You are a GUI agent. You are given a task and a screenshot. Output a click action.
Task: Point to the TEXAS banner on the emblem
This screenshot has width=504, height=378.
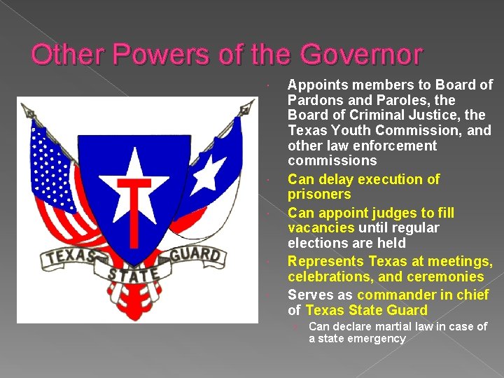70,255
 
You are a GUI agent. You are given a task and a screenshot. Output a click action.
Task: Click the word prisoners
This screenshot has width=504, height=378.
319,194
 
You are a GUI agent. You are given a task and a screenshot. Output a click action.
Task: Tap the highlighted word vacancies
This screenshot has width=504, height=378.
322,227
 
